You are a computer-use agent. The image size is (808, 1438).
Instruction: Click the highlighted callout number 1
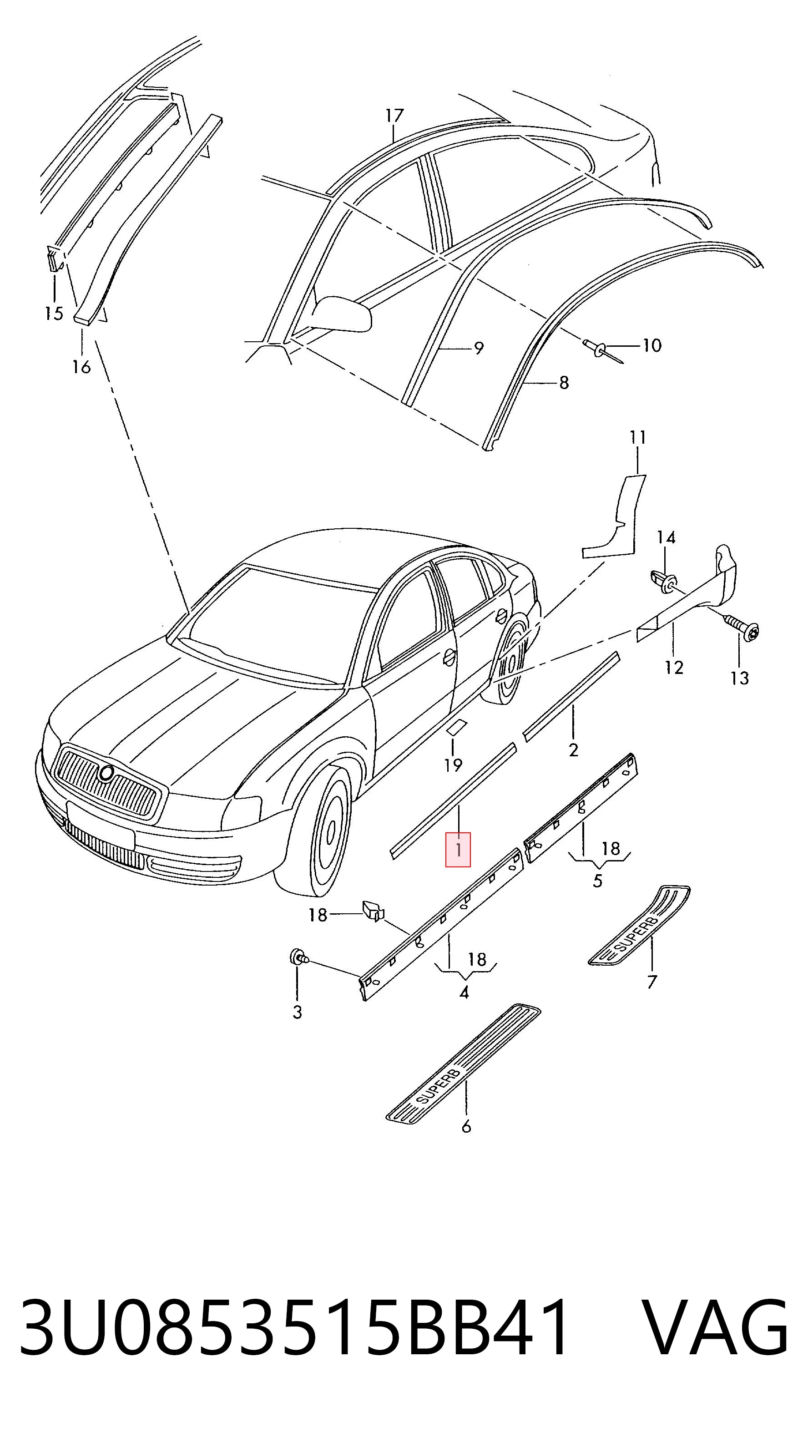(x=458, y=850)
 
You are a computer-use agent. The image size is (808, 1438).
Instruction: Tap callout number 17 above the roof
(x=394, y=116)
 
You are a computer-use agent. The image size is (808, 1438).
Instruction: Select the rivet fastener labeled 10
(x=603, y=350)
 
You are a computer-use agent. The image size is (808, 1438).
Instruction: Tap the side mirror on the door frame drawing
(x=342, y=314)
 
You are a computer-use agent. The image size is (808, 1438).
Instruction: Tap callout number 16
(x=81, y=367)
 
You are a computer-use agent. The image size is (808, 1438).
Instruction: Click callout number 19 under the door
(x=453, y=764)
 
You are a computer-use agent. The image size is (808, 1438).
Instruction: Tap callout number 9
(x=478, y=348)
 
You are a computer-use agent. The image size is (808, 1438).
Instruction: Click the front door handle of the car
(x=449, y=659)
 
